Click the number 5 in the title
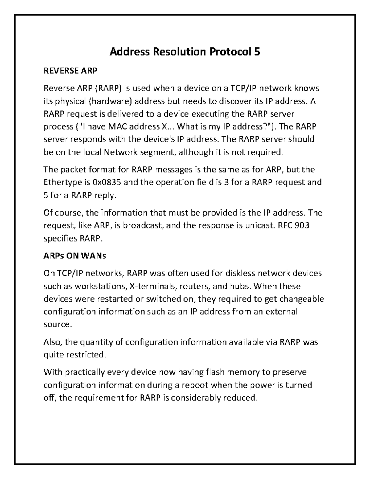[x=257, y=52]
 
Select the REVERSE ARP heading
[x=70, y=71]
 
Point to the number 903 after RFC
[x=302, y=225]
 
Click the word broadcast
[x=142, y=225]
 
